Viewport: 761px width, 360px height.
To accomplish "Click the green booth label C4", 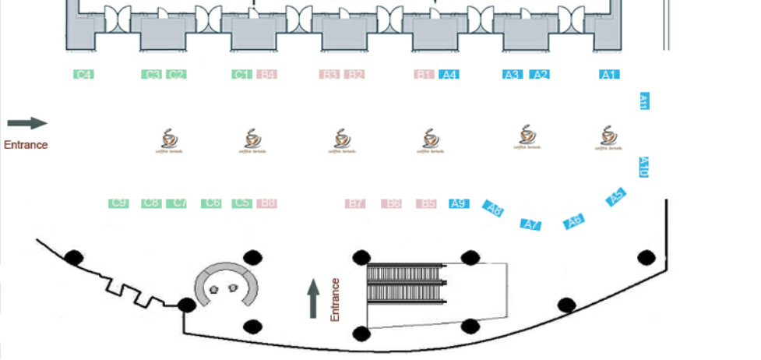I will point(84,75).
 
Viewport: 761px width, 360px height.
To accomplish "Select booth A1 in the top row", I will point(609,75).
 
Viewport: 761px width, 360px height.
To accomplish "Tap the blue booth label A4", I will point(449,75).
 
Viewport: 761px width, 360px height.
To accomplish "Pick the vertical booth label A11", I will point(644,101).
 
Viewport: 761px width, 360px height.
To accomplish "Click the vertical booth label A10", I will point(643,167).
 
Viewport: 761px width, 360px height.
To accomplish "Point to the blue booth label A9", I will point(460,203).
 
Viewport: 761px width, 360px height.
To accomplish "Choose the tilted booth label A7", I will point(531,224).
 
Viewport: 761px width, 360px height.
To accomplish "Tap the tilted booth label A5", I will point(617,197).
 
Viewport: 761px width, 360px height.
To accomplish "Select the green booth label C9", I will point(118,203).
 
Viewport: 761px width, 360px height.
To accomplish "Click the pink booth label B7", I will point(356,203).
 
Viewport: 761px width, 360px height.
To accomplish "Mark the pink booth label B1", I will point(425,75).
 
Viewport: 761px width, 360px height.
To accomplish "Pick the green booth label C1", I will point(242,75).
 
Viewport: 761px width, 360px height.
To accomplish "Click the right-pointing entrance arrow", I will point(27,123).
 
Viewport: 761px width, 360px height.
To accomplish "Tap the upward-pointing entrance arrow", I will point(313,298).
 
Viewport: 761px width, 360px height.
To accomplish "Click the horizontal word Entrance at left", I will point(26,145).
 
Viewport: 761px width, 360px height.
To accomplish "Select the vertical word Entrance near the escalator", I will point(336,299).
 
